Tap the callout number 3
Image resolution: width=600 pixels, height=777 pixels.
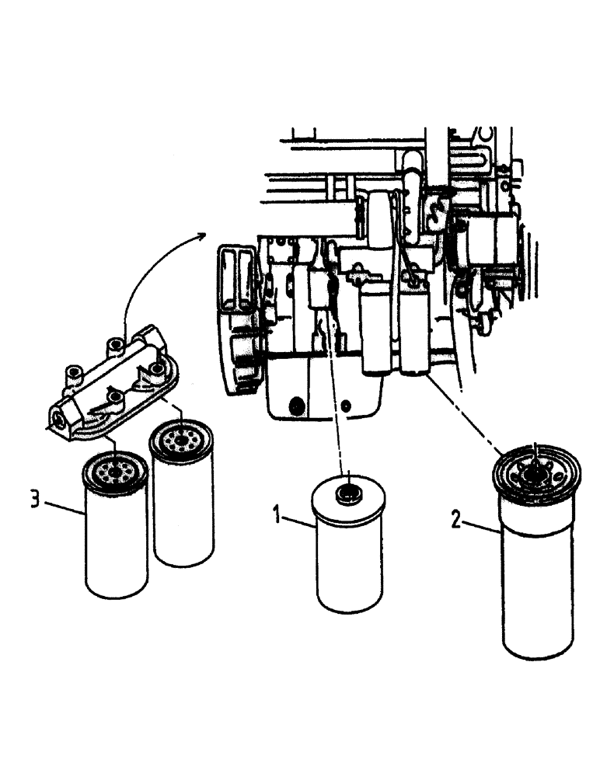pos(34,498)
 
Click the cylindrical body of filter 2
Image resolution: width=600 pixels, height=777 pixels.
pos(537,591)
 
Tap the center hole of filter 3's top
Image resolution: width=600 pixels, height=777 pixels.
pos(114,472)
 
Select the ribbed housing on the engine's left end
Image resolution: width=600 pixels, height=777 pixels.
pos(236,311)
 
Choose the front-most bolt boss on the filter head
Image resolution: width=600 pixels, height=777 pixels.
pos(114,399)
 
